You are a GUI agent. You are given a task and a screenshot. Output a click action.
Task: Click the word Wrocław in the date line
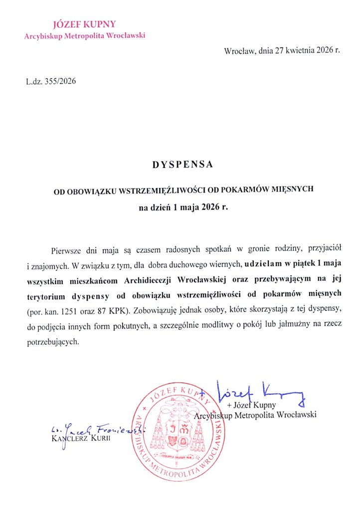[x=239, y=51]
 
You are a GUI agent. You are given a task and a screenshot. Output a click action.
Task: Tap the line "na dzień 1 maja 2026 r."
[x=182, y=206]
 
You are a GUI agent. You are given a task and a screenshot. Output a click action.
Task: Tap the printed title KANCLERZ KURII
[x=81, y=438]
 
